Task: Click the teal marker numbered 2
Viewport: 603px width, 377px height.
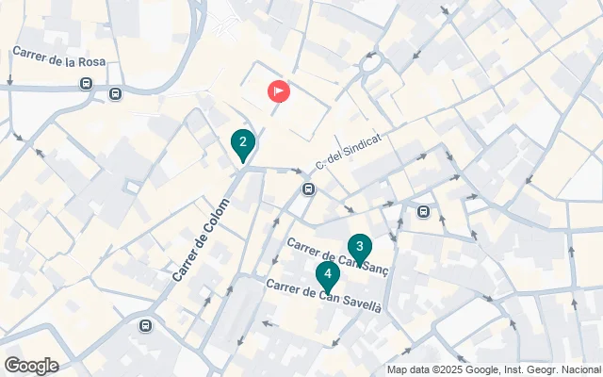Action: [243, 145]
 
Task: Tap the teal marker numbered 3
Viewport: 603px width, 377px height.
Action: [359, 248]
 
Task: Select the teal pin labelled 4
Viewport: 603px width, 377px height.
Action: [327, 276]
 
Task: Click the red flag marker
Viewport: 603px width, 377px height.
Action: [279, 91]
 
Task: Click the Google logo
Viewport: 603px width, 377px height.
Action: [31, 366]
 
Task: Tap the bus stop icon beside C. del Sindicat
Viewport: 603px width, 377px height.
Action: [308, 189]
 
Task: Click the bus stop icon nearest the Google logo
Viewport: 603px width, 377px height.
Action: [145, 326]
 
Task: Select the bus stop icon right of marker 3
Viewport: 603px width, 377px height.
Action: [424, 212]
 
